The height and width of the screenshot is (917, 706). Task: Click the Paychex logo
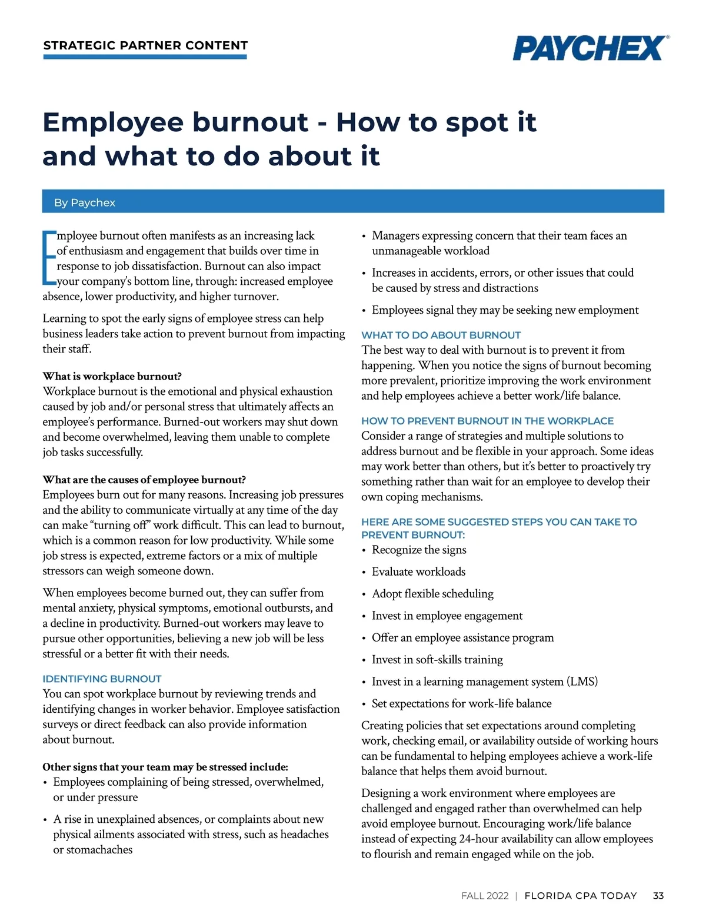(590, 48)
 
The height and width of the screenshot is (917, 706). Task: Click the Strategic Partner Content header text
(145, 45)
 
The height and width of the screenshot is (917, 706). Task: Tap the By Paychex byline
(85, 202)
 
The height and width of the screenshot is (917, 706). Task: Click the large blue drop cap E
(49, 258)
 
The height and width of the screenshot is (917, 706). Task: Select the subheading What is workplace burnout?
(112, 376)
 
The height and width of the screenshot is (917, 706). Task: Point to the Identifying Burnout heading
(102, 679)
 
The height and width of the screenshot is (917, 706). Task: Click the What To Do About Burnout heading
(441, 335)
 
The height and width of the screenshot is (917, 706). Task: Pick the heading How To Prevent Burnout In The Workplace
(487, 421)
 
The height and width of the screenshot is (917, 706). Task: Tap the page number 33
(658, 895)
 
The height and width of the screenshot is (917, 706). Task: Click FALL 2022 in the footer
(485, 895)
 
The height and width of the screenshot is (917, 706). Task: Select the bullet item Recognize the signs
(419, 550)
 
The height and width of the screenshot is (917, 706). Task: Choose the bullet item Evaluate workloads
(418, 572)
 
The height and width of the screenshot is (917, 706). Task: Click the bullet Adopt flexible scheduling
(432, 593)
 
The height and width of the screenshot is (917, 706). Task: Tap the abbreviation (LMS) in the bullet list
(582, 682)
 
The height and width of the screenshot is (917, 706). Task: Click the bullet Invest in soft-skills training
(437, 660)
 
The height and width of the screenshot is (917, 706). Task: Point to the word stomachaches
(93, 849)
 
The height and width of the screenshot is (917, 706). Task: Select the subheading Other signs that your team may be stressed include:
(165, 767)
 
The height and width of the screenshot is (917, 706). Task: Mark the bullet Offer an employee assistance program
(462, 637)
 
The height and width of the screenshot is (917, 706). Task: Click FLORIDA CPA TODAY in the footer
(580, 895)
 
